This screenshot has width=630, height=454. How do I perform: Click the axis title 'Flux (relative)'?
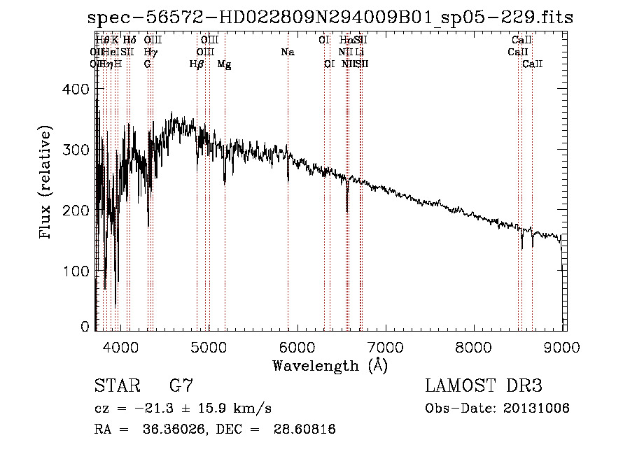pos(47,184)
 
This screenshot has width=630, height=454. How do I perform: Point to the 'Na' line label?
pos(288,52)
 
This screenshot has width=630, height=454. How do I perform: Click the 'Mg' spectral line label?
pos(224,64)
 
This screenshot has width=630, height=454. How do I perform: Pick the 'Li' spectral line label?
pos(359,52)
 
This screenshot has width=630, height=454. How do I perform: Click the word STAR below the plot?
pos(114,386)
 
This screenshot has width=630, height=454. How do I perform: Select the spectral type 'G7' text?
pos(181,386)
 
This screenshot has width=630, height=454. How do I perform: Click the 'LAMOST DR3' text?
pos(483,386)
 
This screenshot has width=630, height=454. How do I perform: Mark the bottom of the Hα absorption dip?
pos(347,211)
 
